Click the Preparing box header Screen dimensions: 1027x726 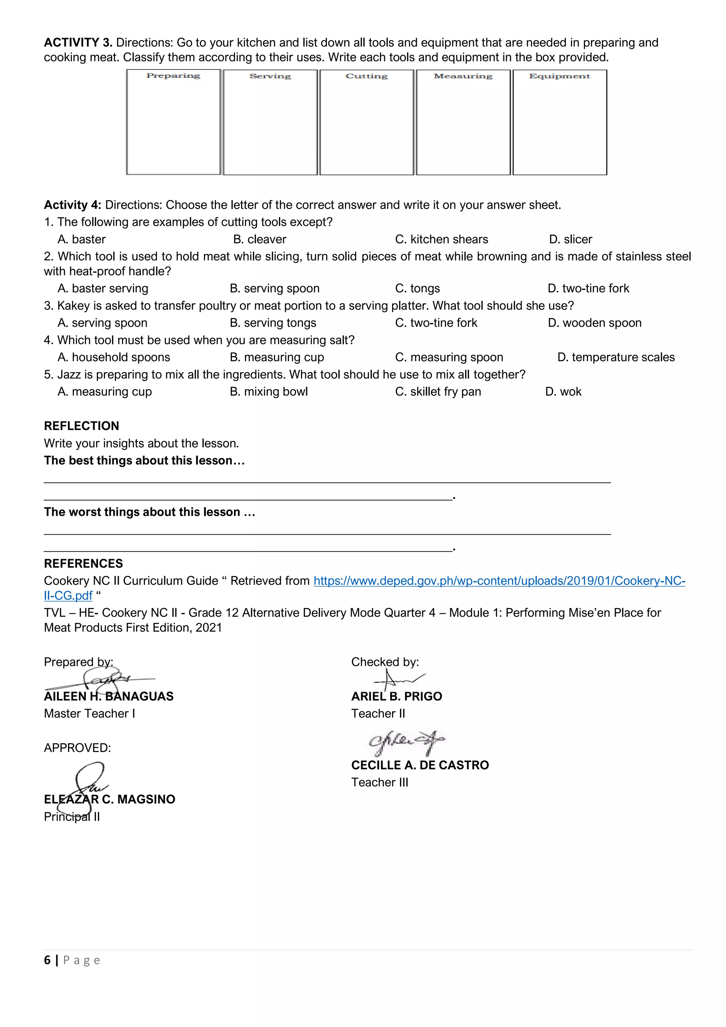tap(173, 76)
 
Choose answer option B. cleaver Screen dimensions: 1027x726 tap(260, 239)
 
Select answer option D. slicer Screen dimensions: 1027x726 tap(570, 239)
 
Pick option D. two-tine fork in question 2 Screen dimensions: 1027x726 tap(588, 288)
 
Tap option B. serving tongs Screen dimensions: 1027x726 tap(273, 323)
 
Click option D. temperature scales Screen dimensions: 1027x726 tap(616, 357)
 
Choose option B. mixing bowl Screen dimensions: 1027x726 tap(269, 392)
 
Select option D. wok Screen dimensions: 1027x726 tap(563, 392)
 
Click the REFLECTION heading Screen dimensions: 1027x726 tap(82, 426)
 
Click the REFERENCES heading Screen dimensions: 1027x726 tap(83, 564)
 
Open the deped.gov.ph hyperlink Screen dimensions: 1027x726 tap(499, 581)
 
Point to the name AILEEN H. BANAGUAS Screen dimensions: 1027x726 tap(108, 696)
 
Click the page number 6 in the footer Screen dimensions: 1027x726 tap(47, 960)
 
